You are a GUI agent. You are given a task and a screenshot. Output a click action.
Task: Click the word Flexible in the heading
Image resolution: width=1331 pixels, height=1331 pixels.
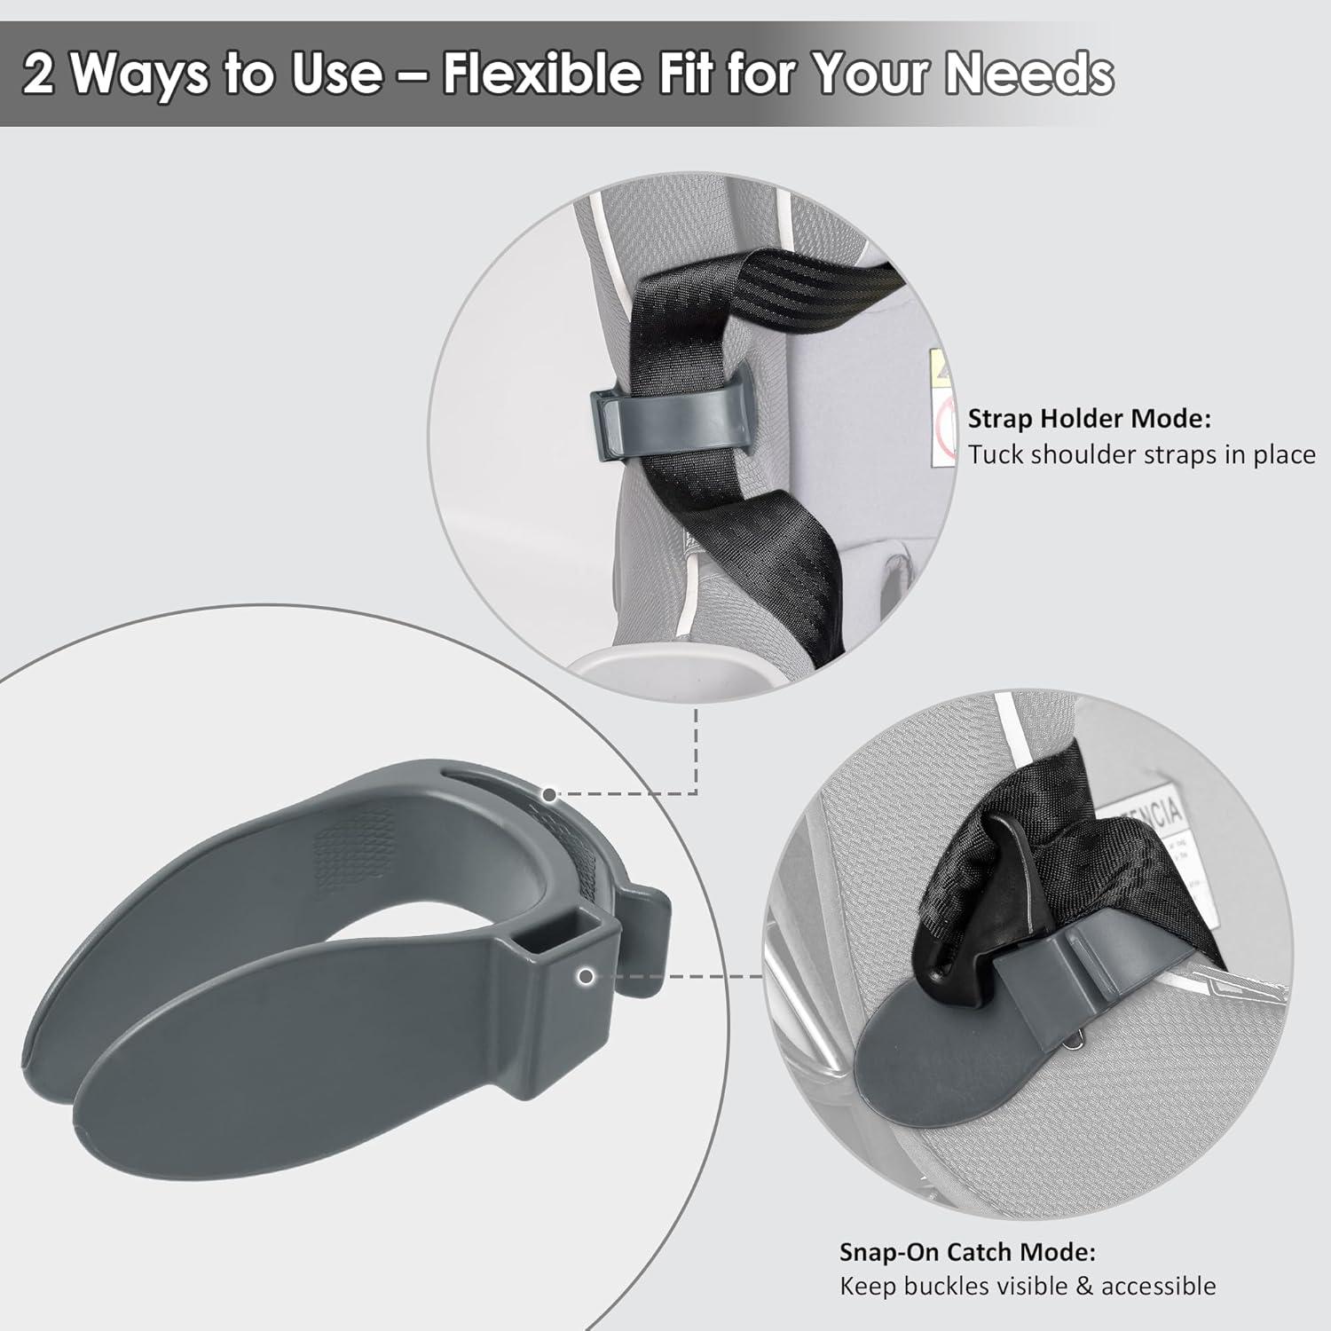click(541, 74)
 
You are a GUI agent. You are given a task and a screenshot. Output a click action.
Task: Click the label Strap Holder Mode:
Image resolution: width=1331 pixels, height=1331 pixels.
click(1089, 418)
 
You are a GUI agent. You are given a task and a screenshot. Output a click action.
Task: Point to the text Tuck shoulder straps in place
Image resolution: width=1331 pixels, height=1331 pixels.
click(1141, 455)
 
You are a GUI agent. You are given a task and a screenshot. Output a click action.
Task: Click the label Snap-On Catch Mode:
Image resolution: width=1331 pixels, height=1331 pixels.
click(967, 1252)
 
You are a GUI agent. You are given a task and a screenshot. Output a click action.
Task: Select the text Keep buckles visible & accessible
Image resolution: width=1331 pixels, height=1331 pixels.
click(1028, 1286)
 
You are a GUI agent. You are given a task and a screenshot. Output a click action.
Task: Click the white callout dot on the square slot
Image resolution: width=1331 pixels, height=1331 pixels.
click(585, 977)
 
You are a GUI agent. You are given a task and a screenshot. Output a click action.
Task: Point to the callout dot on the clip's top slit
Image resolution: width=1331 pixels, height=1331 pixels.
click(550, 794)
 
